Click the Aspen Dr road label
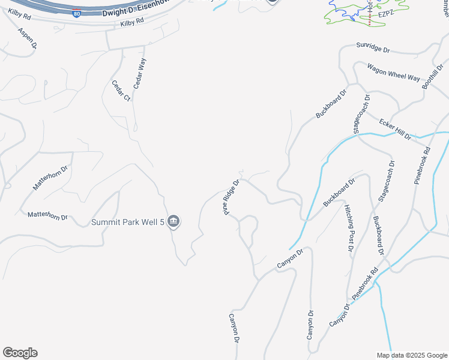(x=27, y=38)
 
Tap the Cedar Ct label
(x=121, y=90)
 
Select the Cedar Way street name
(x=140, y=74)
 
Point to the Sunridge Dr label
(x=373, y=46)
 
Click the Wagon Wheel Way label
(x=393, y=73)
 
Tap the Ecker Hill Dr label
(x=395, y=129)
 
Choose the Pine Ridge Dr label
(x=232, y=196)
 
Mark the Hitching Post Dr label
(x=349, y=227)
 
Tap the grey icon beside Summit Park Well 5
(x=173, y=222)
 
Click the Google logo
(x=20, y=353)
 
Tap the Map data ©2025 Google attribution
(x=412, y=355)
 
